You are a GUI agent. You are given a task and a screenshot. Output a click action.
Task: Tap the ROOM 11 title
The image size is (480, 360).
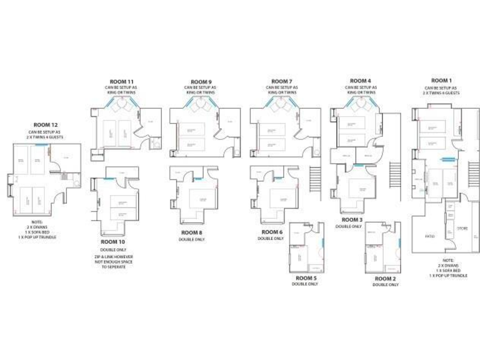[x=122, y=82]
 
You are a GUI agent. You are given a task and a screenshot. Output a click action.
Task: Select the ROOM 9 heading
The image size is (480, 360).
[x=201, y=82]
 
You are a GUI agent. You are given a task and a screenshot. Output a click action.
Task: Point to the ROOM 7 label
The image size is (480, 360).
[x=282, y=81]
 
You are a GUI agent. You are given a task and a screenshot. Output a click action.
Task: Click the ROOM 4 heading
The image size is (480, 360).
[x=360, y=81]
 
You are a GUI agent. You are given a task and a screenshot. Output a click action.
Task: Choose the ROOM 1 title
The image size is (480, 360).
[x=442, y=81]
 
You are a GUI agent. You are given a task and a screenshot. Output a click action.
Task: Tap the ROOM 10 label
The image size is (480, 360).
[x=112, y=241]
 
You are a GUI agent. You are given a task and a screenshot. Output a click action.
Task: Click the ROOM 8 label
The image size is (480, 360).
[x=192, y=232]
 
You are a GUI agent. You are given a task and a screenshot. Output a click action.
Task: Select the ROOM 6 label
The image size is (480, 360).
[x=271, y=231]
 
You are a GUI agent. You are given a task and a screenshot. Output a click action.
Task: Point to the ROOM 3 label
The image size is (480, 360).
[x=352, y=220]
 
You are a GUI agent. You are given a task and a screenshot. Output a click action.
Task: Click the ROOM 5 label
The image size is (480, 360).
[x=306, y=277]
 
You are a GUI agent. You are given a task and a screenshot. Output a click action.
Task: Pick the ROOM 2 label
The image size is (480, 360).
[x=385, y=278]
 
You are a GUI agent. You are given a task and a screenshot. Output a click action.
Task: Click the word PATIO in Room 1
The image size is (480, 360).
[x=430, y=236]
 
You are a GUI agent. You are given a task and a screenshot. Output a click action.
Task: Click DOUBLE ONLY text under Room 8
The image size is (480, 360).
[x=192, y=239]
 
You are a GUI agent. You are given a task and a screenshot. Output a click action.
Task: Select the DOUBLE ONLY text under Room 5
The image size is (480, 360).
[x=306, y=284]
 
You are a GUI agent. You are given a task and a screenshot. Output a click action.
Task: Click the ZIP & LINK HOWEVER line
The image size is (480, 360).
[x=112, y=256]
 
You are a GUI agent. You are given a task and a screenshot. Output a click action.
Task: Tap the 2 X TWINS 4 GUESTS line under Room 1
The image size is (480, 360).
[x=442, y=93]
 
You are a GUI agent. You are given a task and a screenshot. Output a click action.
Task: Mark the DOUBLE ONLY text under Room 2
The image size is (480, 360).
[x=385, y=285]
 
